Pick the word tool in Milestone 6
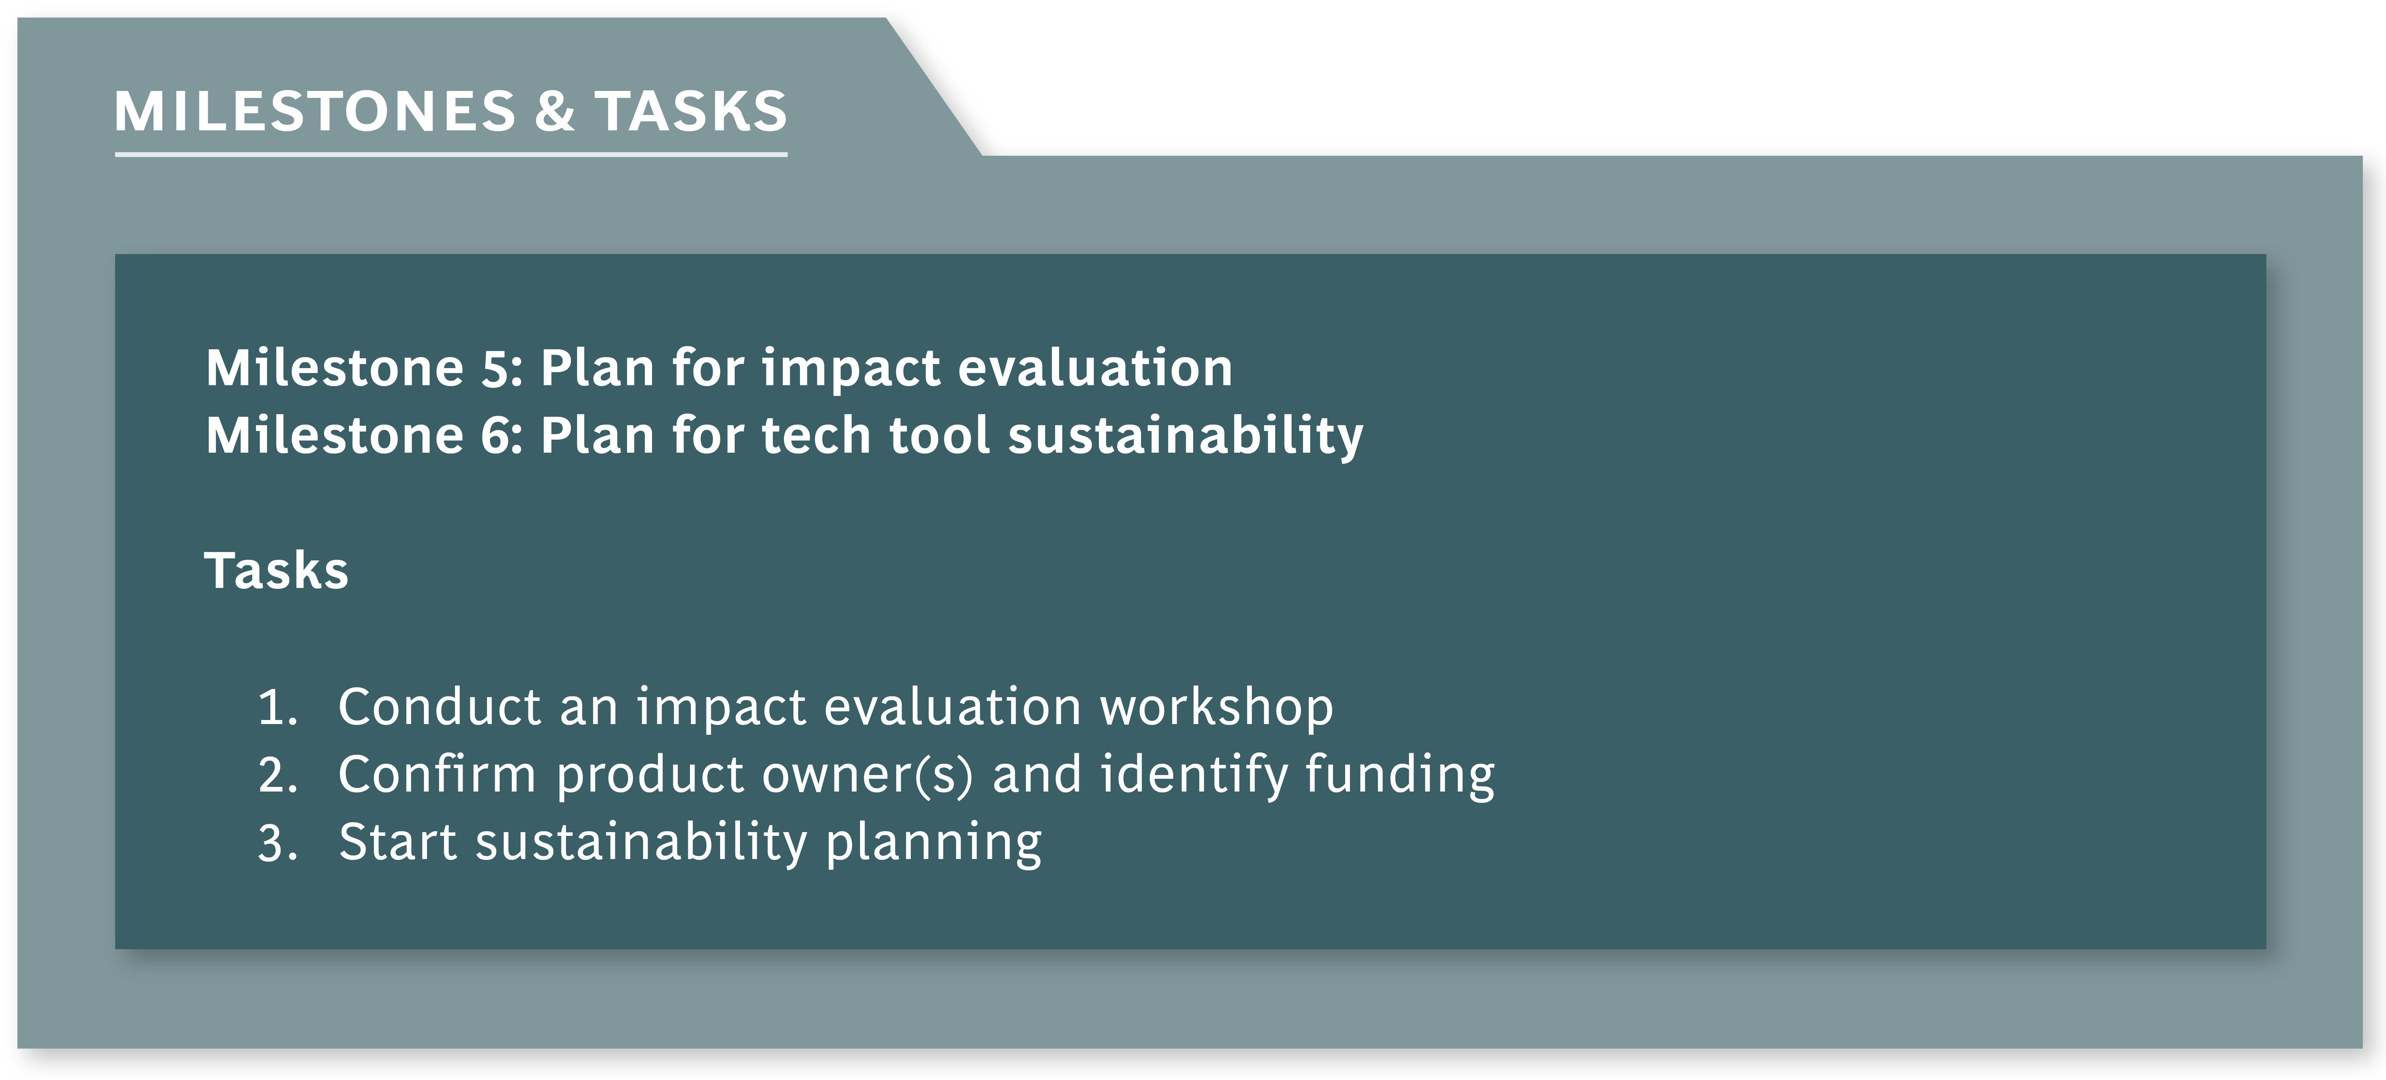939,435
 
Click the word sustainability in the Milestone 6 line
1186,437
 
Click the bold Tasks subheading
276,571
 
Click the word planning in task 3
934,845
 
